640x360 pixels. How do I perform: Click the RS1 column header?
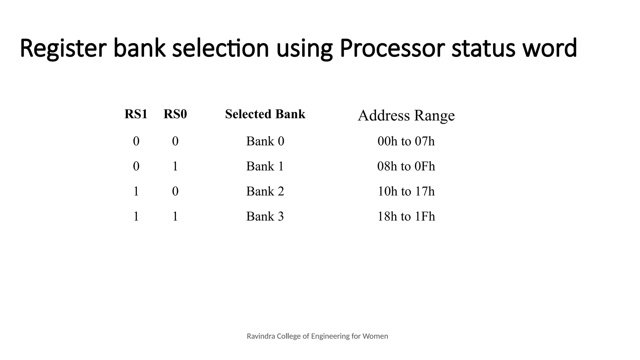(x=136, y=114)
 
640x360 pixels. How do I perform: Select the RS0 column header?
(x=175, y=114)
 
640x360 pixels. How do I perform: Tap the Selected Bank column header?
(x=265, y=114)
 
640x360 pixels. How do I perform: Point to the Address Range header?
(x=406, y=116)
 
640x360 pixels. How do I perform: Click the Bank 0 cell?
(x=265, y=141)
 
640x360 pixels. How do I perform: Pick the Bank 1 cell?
(x=265, y=166)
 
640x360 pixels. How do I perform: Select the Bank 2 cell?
(x=265, y=191)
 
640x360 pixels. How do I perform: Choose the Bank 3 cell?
(x=265, y=216)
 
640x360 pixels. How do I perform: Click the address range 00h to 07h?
(x=406, y=141)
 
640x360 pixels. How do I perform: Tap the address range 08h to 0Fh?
(x=406, y=166)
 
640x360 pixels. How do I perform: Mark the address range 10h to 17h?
(x=406, y=191)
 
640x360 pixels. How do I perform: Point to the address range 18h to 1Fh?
(x=406, y=216)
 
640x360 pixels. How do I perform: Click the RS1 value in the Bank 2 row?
(x=136, y=191)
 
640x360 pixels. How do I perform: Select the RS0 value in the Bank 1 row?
(x=175, y=166)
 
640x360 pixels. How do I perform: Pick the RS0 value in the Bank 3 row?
(x=175, y=216)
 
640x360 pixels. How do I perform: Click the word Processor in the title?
(x=392, y=48)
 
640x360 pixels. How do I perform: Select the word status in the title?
(x=483, y=48)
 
